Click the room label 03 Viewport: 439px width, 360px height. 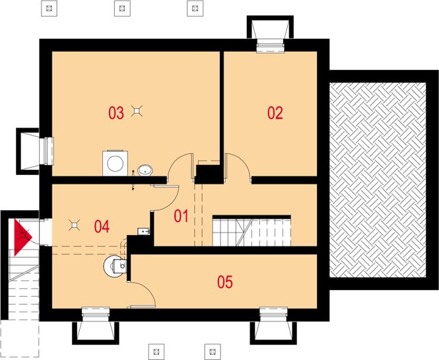[x=116, y=113]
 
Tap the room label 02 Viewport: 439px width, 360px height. [x=275, y=113]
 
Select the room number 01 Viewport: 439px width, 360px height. [x=181, y=216]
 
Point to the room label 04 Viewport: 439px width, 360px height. [x=102, y=227]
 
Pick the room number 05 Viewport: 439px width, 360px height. [x=225, y=282]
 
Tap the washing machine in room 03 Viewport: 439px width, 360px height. [x=115, y=163]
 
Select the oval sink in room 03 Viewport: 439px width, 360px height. [x=145, y=170]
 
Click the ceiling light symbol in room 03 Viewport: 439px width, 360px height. [x=137, y=111]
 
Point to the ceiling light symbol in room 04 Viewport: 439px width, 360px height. [x=74, y=225]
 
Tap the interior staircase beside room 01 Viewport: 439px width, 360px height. [x=252, y=231]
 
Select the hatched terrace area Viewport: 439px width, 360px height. [x=378, y=180]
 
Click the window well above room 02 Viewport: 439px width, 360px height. [x=270, y=28]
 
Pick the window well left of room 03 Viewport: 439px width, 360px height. [x=28, y=151]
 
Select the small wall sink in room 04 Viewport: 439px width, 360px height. [x=145, y=231]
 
